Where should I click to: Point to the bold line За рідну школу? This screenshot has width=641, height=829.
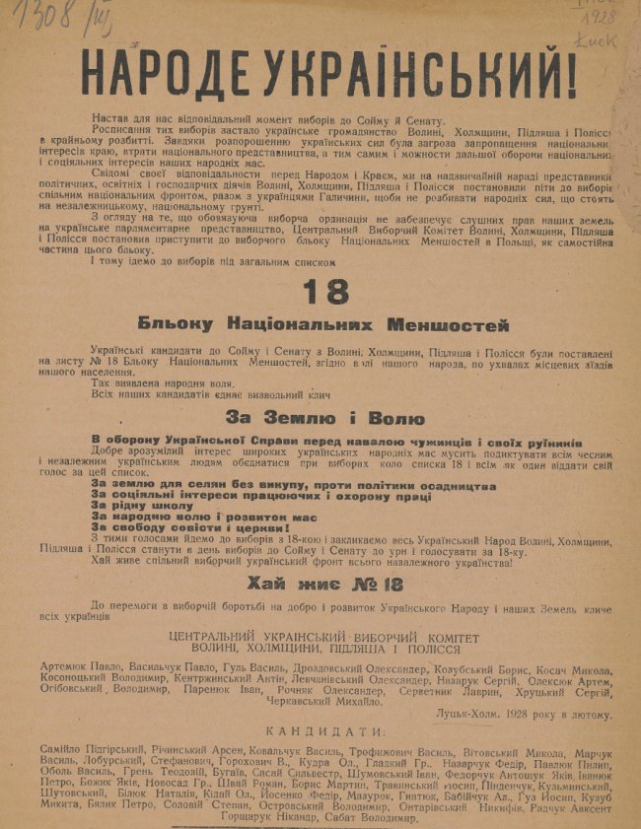(x=143, y=503)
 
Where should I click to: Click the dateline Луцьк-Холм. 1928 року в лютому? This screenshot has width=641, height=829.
(x=523, y=714)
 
